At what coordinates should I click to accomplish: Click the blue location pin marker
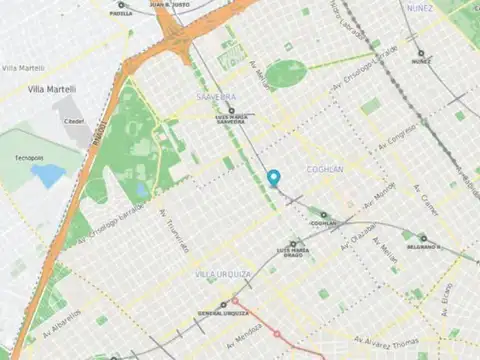274,178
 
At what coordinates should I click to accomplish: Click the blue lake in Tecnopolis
47,175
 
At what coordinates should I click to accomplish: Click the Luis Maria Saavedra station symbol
231,111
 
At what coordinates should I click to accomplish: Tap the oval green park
286,72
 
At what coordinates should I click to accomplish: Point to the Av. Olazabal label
357,235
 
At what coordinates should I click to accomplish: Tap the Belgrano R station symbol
407,236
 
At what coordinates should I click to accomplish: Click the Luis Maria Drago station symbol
293,243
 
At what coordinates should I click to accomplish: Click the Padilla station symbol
121,5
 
